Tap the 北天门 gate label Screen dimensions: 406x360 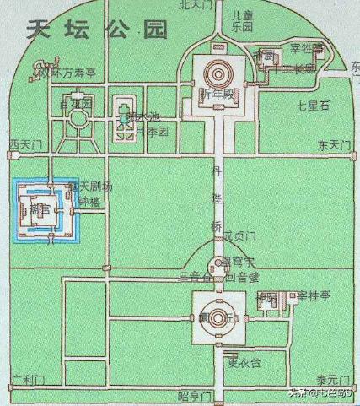point(196,5)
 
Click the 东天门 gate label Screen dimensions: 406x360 point(333,145)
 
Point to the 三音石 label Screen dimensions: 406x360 point(193,276)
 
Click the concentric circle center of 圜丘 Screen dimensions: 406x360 point(218,317)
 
